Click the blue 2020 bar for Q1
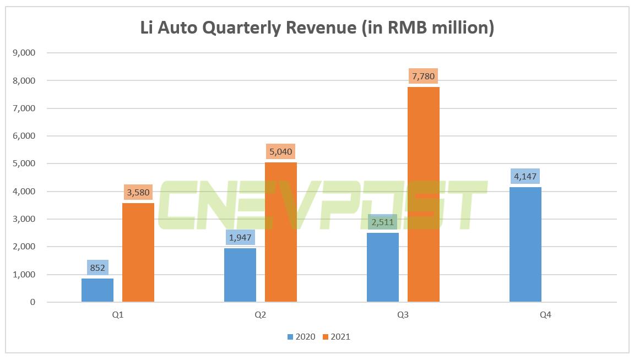point(97,290)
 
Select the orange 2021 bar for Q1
point(138,253)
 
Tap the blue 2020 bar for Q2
point(240,275)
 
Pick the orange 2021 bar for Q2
point(281,232)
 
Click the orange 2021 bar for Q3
point(424,194)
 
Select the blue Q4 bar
point(525,244)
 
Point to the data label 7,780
point(424,76)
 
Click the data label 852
point(98,268)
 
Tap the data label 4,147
point(525,176)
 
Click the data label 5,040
point(281,151)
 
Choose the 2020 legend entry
point(301,336)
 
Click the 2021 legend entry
point(336,336)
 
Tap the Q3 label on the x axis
point(403,315)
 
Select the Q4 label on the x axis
point(546,315)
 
